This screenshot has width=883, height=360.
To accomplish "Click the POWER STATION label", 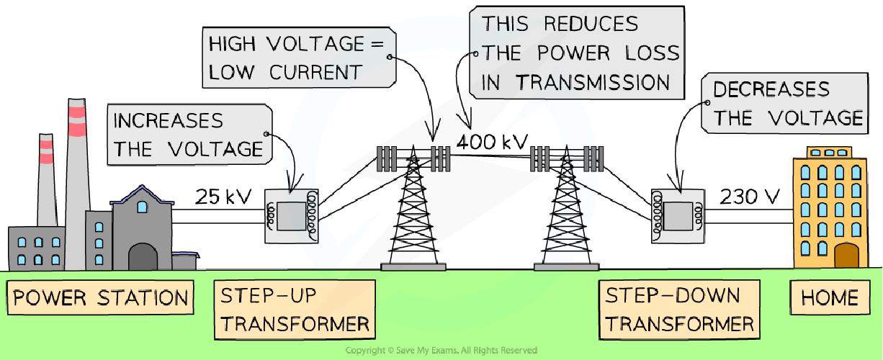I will (x=101, y=297).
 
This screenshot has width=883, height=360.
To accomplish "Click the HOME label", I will (x=829, y=297).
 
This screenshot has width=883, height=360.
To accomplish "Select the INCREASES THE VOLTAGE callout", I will (x=189, y=134).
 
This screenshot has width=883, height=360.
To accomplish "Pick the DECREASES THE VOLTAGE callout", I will (x=786, y=104).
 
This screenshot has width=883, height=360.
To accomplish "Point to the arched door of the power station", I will (x=142, y=256).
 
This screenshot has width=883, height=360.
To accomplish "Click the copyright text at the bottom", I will (x=441, y=351).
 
